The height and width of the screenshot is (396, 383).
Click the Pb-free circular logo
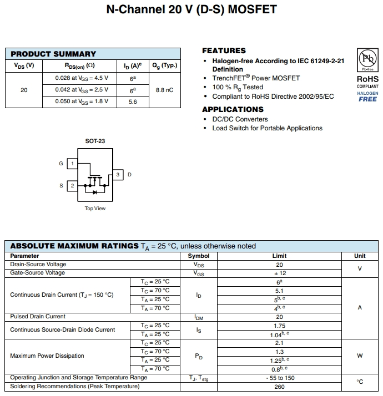tap(367, 59)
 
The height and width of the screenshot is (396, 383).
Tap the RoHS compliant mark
tap(367, 82)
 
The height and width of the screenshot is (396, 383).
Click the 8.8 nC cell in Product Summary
tap(164, 90)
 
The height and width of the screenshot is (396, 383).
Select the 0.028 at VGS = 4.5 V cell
tap(82, 78)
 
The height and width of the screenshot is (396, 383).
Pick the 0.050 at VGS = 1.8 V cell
tap(82, 101)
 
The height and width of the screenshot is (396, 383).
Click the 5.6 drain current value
tap(133, 101)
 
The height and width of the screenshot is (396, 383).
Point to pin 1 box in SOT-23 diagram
tap(72, 164)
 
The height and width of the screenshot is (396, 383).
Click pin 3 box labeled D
tap(118, 175)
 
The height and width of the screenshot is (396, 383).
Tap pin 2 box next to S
tap(72, 186)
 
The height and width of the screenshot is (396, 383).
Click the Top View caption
tap(95, 209)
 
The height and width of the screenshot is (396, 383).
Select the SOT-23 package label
tap(95, 141)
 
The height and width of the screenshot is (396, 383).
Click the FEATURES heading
tap(224, 50)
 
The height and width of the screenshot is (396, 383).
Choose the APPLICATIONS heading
tap(233, 109)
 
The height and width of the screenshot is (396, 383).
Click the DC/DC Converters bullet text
tap(240, 119)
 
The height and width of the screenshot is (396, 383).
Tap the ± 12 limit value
tap(279, 273)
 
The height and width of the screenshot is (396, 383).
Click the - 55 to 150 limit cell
tap(279, 378)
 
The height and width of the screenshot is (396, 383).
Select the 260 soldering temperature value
tap(279, 386)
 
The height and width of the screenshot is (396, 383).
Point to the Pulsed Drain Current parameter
tap(38, 317)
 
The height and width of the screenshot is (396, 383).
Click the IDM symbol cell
tap(199, 317)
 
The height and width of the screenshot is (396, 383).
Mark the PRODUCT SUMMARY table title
tap(53, 54)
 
